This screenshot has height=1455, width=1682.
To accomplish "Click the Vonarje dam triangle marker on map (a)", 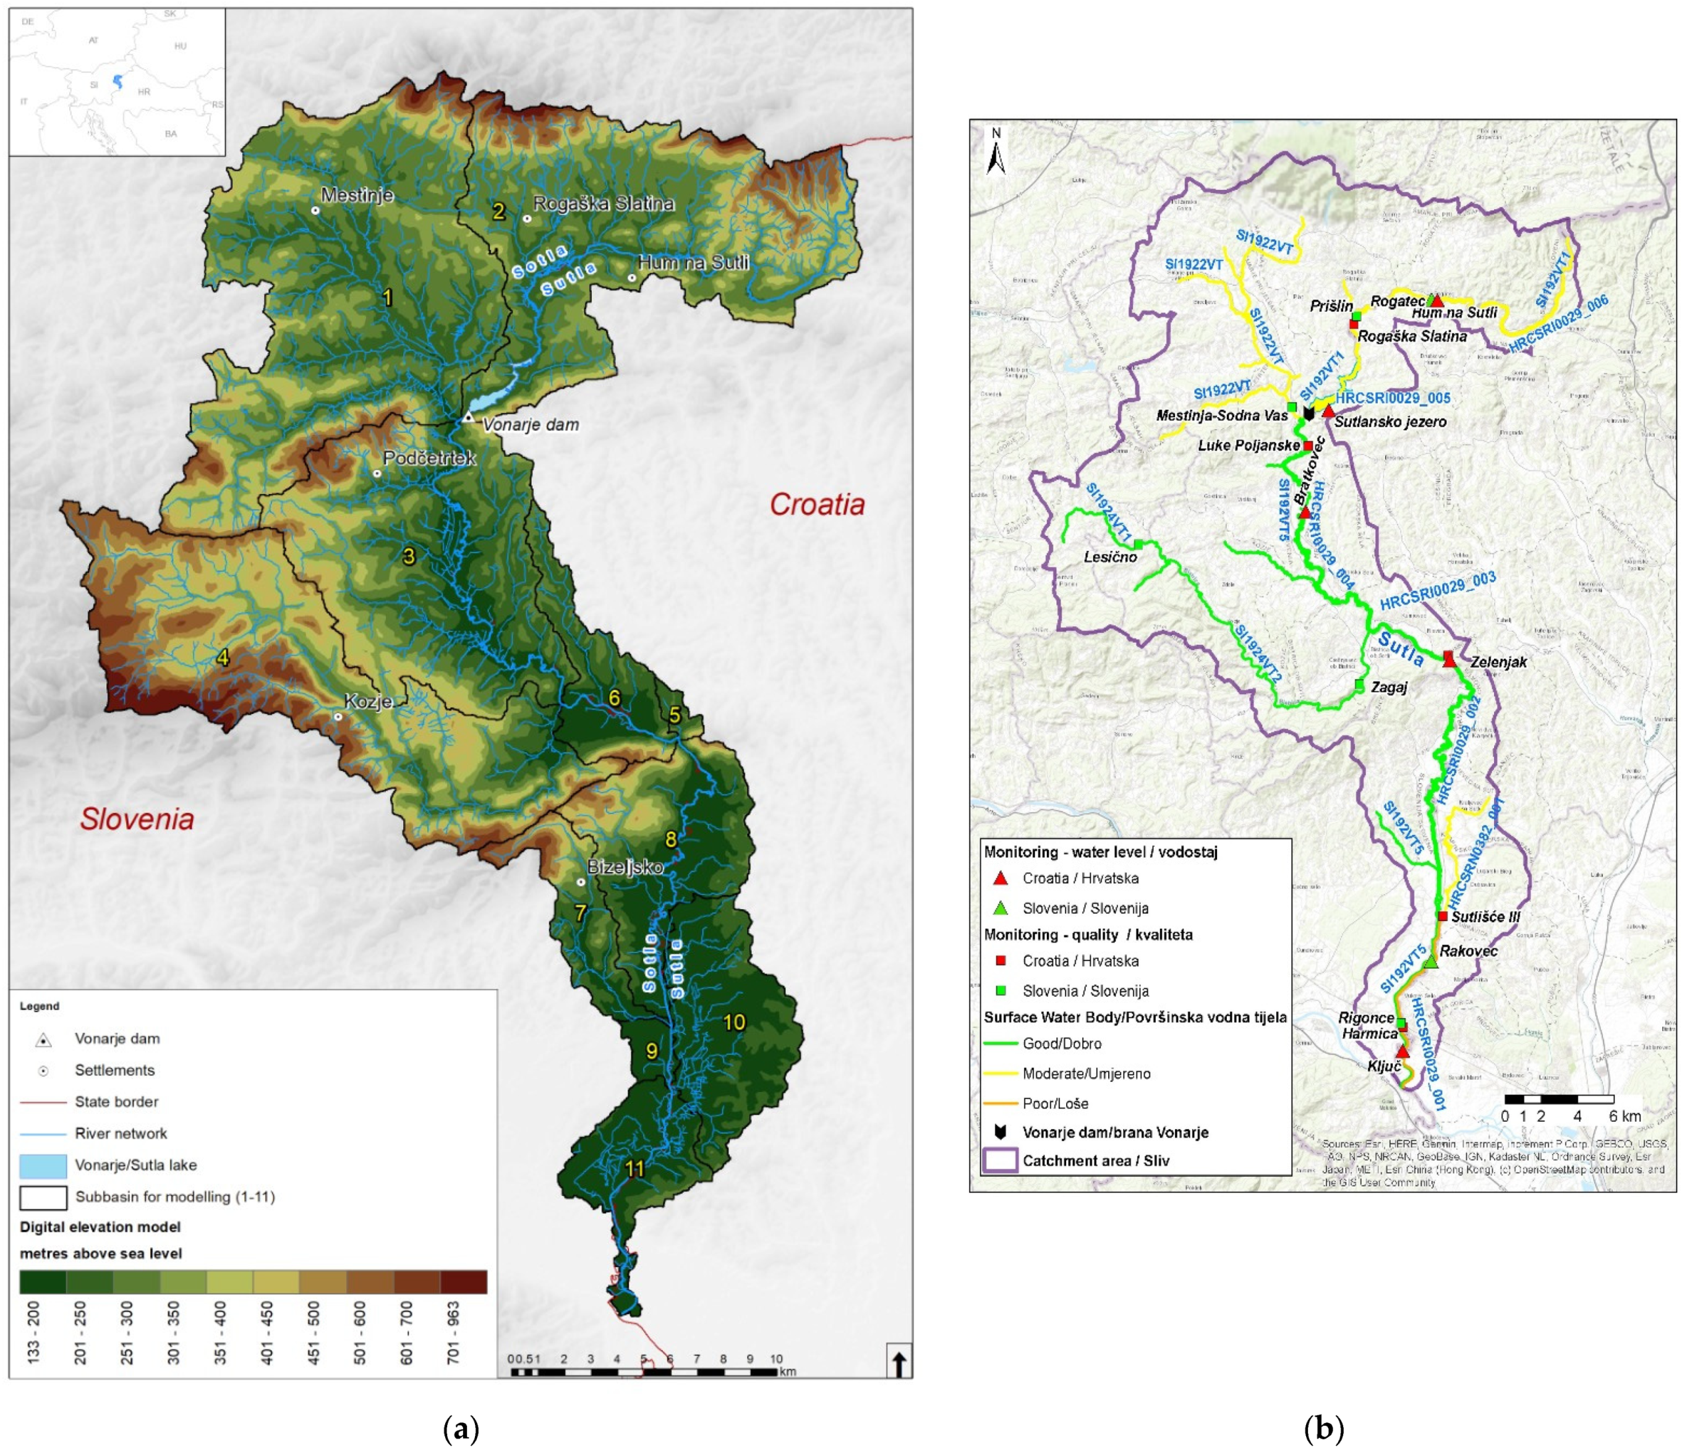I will click(x=468, y=417).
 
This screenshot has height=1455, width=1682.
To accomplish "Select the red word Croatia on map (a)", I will click(x=816, y=504).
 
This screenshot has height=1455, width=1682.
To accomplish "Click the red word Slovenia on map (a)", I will click(x=137, y=818).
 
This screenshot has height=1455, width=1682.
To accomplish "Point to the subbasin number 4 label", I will click(x=223, y=658).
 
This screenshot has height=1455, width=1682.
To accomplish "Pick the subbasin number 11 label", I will click(x=634, y=1168).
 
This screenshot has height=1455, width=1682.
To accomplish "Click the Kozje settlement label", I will click(x=368, y=702).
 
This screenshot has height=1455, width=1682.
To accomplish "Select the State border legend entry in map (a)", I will click(x=116, y=1102).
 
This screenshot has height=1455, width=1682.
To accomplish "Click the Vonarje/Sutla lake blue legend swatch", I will click(x=43, y=1165).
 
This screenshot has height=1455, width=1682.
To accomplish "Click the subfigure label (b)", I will click(x=1323, y=1427).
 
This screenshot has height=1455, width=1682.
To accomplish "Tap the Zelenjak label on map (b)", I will click(x=1498, y=662).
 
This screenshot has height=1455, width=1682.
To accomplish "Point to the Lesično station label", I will click(x=1110, y=557).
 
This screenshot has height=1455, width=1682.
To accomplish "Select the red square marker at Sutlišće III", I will click(x=1443, y=916).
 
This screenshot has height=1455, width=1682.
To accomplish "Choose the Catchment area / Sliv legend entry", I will click(x=1096, y=1160).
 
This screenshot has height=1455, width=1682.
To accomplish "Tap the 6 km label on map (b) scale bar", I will click(x=1624, y=1116).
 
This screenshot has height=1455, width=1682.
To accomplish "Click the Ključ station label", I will click(x=1384, y=1066).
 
